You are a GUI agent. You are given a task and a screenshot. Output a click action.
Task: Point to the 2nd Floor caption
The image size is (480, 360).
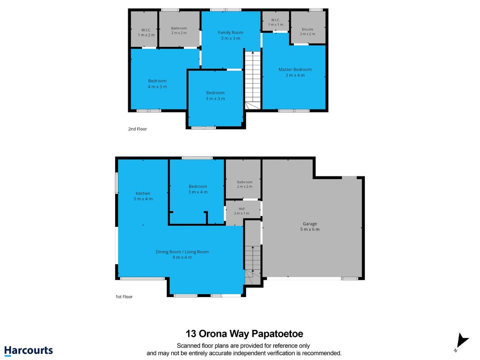tap(138, 129)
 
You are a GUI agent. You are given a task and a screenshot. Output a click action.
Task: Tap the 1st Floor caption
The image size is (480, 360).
tap(124, 297)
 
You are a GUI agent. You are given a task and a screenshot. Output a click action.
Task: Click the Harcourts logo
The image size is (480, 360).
tap(28, 351)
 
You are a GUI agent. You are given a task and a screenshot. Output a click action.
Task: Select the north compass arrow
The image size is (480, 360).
tap(462, 341)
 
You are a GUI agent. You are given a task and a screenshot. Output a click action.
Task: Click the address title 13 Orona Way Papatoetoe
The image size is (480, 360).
tap(244, 333)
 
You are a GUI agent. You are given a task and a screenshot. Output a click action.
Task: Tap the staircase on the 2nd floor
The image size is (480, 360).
tap(252, 80)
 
